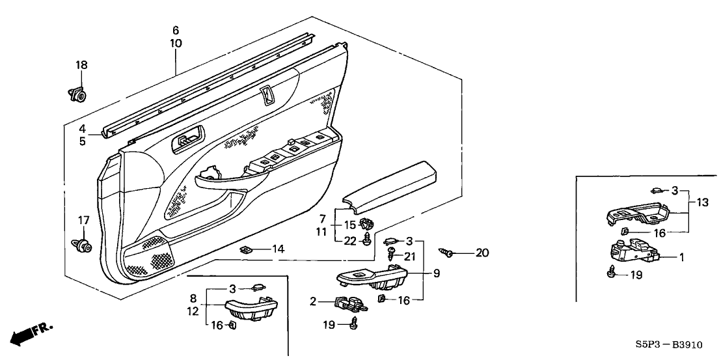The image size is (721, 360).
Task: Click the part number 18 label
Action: (81, 65)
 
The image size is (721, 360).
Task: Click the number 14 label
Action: (279, 249)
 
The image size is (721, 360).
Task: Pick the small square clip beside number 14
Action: (247, 249)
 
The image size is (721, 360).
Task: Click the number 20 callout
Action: (482, 253)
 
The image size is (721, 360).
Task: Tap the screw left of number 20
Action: (448, 251)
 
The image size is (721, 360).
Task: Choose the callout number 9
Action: (436, 273)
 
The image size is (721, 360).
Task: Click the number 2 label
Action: (313, 301)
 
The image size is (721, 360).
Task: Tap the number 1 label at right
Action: (681, 257)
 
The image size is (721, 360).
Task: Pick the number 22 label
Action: (349, 240)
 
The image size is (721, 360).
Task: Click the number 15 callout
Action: (349, 225)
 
